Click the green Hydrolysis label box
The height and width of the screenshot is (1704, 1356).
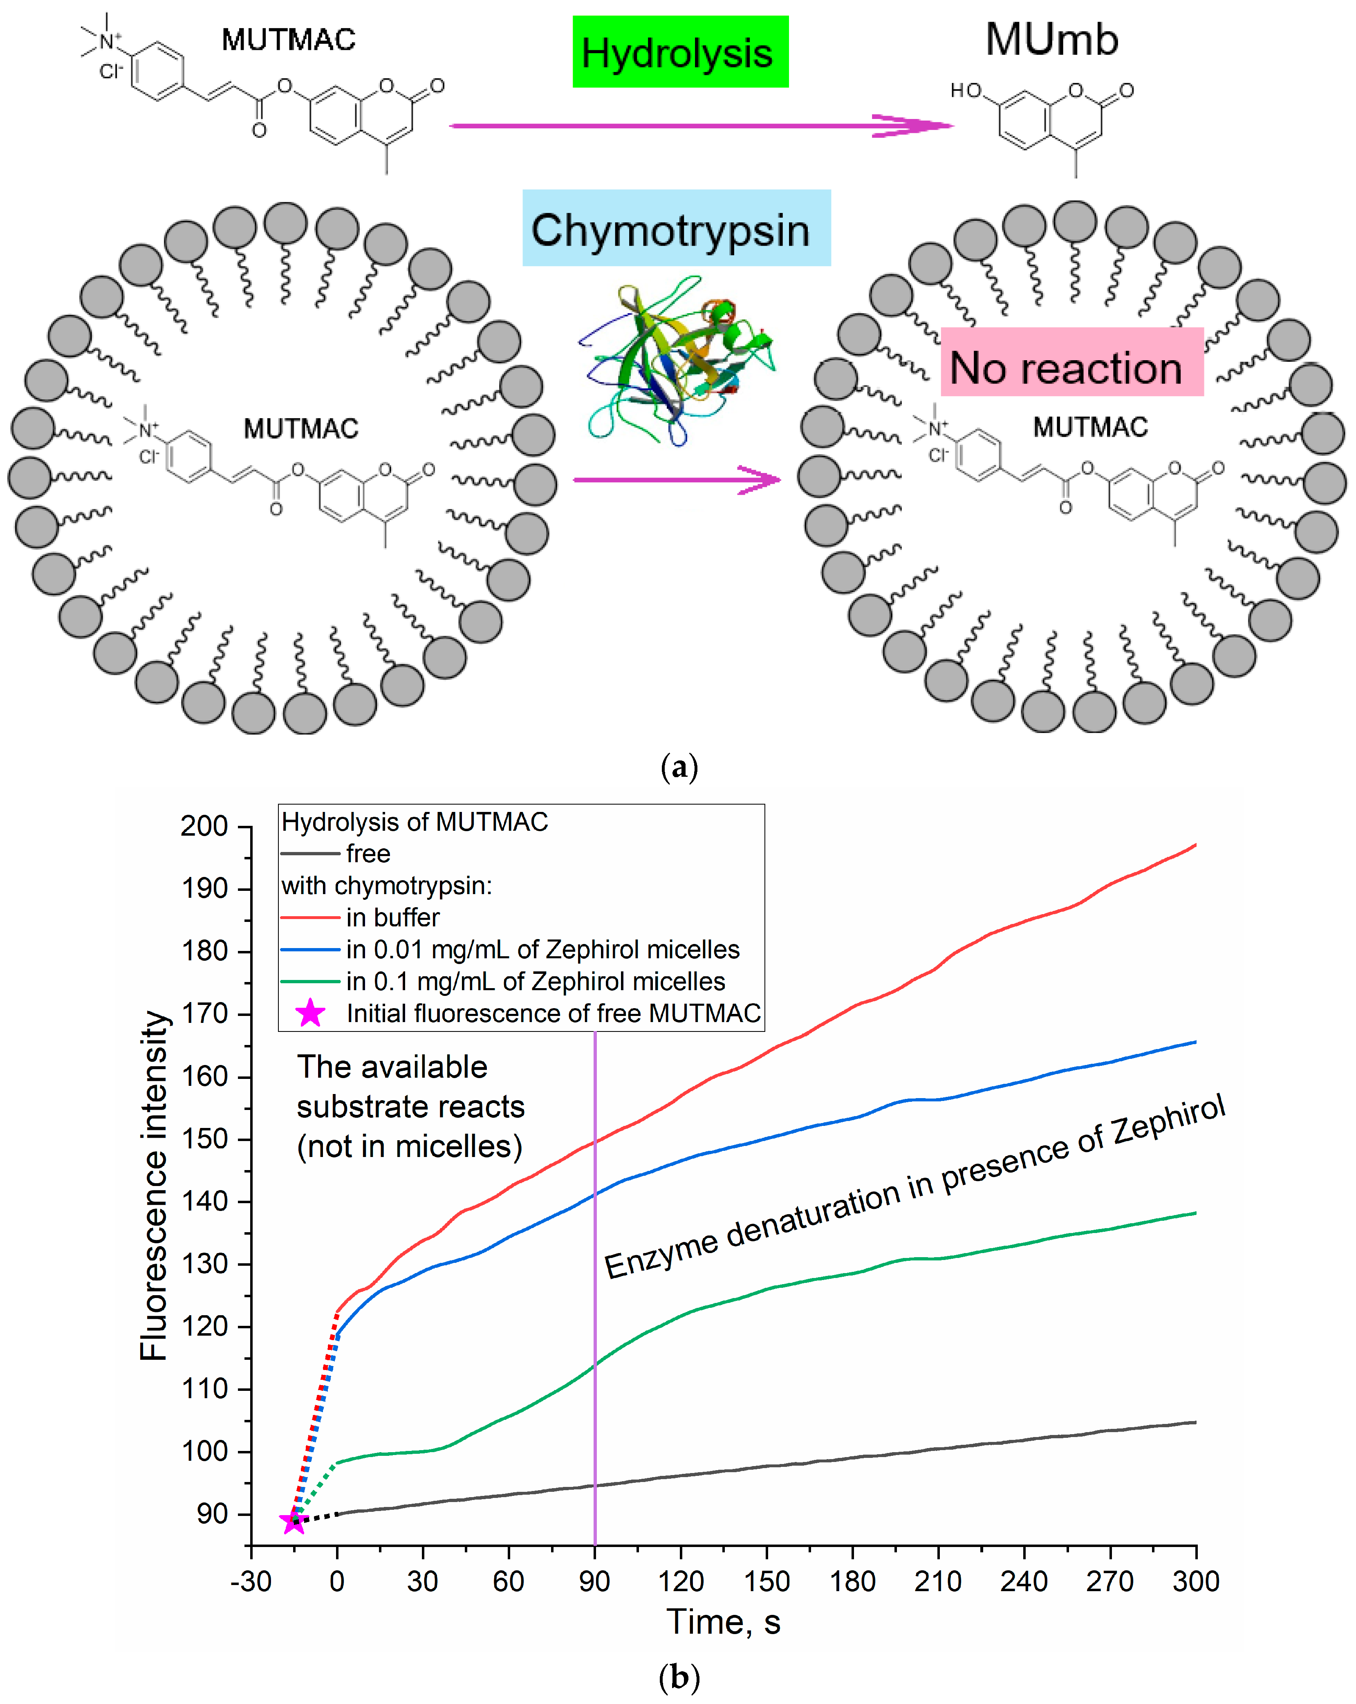tap(679, 52)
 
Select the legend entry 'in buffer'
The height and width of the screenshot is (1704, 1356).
tap(392, 917)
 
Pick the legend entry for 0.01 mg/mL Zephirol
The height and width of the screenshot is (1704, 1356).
tap(542, 949)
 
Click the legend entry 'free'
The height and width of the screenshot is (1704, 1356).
tap(368, 854)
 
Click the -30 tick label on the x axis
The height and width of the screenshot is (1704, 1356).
tap(251, 1581)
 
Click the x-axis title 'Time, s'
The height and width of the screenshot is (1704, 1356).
tap(723, 1622)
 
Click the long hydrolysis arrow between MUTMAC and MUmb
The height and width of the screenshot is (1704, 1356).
tap(699, 125)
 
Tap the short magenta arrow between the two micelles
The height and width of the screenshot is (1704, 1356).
tap(676, 479)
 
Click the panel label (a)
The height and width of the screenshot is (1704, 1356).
tap(678, 767)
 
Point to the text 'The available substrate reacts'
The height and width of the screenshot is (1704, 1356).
tap(410, 1087)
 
